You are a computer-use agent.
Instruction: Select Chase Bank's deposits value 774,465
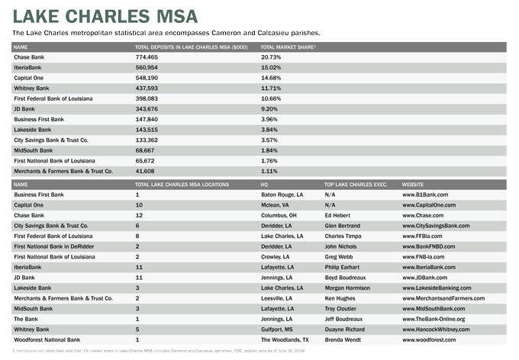click(147, 57)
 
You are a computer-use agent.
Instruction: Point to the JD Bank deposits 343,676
click(147, 109)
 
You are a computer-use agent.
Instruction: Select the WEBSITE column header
click(414, 185)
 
